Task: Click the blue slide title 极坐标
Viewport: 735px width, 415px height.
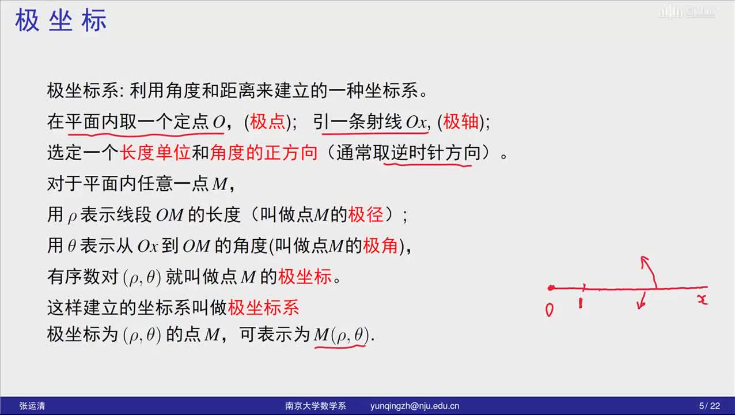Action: pyautogui.click(x=60, y=20)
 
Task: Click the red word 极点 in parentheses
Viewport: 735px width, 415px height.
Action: pyautogui.click(x=268, y=122)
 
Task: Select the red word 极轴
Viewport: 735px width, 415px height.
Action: pyautogui.click(x=461, y=122)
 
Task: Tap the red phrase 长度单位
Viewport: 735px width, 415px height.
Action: pyautogui.click(x=155, y=153)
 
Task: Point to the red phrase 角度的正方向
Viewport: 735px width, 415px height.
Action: pyautogui.click(x=264, y=153)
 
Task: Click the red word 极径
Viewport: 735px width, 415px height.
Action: pyautogui.click(x=366, y=215)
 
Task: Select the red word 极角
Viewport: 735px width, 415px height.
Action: pyautogui.click(x=380, y=246)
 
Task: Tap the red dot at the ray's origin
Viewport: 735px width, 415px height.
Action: pyautogui.click(x=551, y=288)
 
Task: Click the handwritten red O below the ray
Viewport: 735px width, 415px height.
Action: pyautogui.click(x=550, y=310)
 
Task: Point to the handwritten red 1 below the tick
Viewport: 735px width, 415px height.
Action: pyautogui.click(x=581, y=303)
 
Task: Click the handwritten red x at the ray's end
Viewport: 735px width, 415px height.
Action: pyautogui.click(x=703, y=299)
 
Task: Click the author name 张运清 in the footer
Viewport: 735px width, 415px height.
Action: pyautogui.click(x=32, y=406)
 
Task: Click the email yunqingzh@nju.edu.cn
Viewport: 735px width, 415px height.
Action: pyautogui.click(x=415, y=406)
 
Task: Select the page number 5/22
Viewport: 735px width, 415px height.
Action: pyautogui.click(x=710, y=406)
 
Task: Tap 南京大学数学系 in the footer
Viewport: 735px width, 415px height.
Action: pyautogui.click(x=315, y=406)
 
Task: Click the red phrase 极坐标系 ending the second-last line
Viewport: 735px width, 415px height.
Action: pyautogui.click(x=263, y=308)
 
